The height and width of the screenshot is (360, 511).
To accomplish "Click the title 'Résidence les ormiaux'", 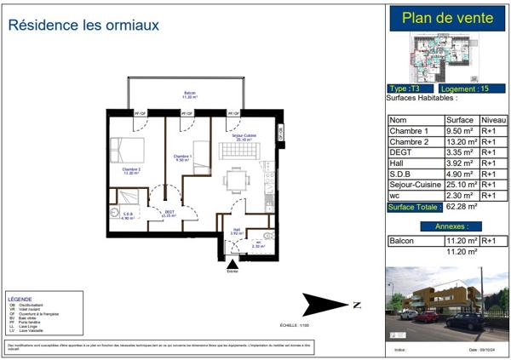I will click(x=83, y=26).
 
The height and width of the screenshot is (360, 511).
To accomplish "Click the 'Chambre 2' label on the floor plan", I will click(x=130, y=170).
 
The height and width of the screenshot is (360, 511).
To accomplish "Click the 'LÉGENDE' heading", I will click(x=20, y=300).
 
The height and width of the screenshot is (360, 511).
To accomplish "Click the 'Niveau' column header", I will click(x=493, y=120).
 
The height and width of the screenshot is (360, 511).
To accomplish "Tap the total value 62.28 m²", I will click(x=462, y=206).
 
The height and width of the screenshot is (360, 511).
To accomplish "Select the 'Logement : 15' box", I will click(x=473, y=89).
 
